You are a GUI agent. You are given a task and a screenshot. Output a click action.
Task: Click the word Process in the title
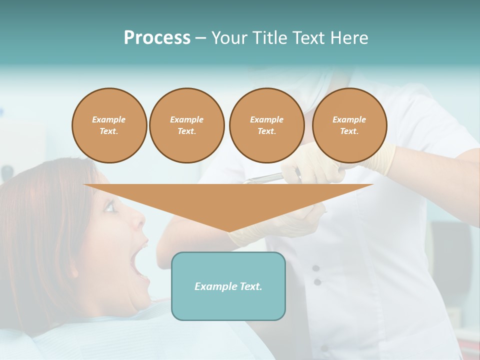click(157, 38)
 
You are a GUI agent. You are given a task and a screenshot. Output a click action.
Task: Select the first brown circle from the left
click(109, 125)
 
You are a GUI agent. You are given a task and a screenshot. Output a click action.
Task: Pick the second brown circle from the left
click(186, 125)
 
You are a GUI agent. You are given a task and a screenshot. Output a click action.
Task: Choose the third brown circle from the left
click(266, 125)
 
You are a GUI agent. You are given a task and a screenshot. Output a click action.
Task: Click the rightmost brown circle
click(349, 125)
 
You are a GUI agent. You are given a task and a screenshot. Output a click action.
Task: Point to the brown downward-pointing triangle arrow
click(228, 205)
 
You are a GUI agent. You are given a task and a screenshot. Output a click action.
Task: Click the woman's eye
click(109, 206)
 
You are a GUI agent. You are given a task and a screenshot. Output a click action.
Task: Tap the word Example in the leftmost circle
click(109, 119)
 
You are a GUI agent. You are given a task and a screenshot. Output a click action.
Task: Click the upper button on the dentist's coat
click(316, 268)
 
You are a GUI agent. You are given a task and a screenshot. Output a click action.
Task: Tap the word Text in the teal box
click(250, 286)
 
